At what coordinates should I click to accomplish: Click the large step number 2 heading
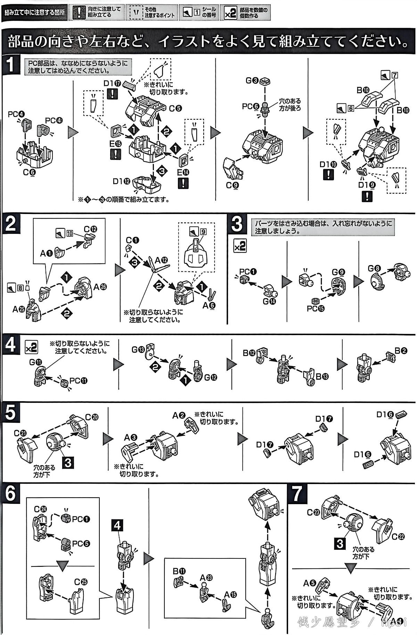coord(10,223)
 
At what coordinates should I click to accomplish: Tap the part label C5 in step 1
coord(175,109)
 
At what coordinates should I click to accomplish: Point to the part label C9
coord(232,185)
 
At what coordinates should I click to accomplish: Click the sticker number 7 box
coord(394,75)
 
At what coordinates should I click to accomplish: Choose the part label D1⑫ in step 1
coord(121,181)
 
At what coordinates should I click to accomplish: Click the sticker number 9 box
coord(203,232)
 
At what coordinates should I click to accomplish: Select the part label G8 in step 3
coord(374,268)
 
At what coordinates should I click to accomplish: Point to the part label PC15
coord(316,308)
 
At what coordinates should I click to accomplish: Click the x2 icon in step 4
coord(31,347)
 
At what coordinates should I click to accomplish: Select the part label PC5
coord(81,543)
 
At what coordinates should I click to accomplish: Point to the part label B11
coord(179,571)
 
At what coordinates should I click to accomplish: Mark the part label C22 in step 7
coord(398,537)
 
